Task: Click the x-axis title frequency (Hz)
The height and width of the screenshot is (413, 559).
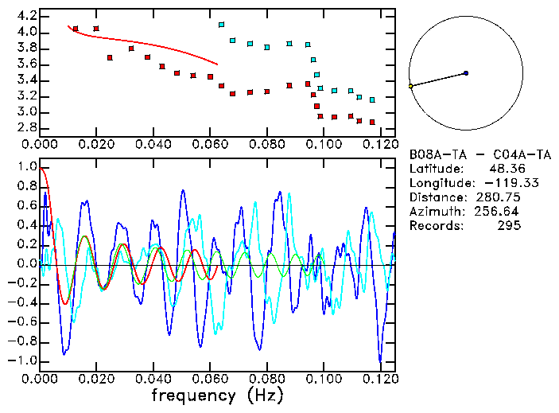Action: [217, 395]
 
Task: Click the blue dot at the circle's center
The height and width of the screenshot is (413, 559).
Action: [466, 73]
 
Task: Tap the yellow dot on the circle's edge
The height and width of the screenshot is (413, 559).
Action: [410, 86]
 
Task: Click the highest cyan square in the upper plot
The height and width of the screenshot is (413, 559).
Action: [221, 25]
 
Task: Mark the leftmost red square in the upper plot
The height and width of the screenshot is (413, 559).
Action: [76, 29]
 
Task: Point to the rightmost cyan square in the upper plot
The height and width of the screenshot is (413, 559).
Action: [372, 99]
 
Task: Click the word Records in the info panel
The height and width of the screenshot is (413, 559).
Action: [434, 225]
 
